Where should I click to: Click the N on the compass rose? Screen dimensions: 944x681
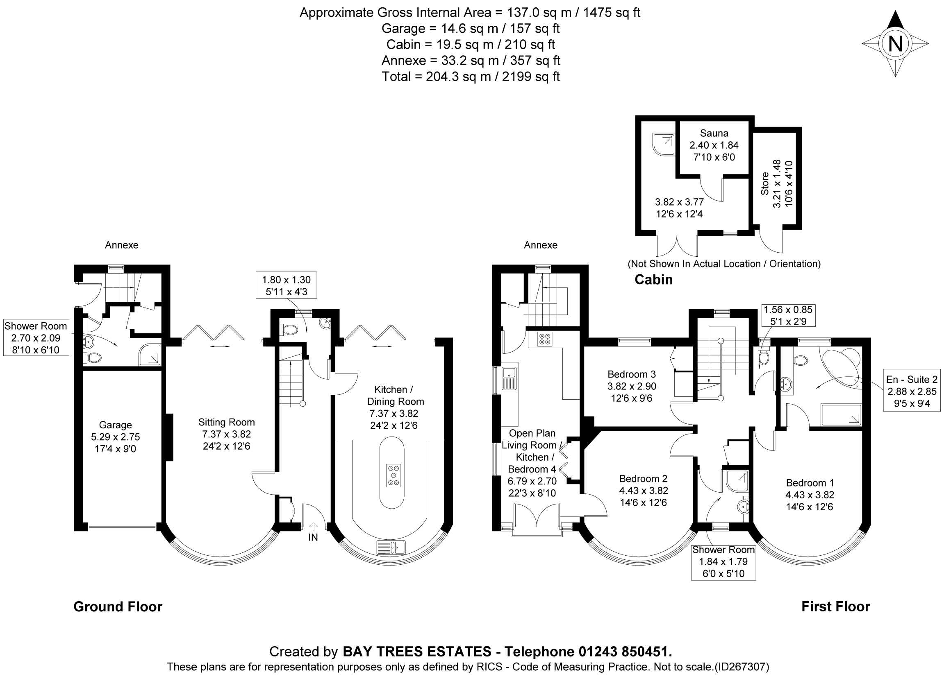tap(895, 44)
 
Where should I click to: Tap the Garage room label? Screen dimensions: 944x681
tap(115, 425)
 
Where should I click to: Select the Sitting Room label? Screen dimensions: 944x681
tap(226, 423)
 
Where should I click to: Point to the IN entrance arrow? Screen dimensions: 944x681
tap(314, 527)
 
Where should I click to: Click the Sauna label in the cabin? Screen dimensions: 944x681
tap(714, 133)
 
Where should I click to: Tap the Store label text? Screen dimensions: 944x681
tap(765, 184)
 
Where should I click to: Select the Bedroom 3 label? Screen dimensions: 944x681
tap(631, 374)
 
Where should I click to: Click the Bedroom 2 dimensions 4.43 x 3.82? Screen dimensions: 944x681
tap(643, 491)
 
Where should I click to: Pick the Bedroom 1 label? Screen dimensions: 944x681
tap(810, 483)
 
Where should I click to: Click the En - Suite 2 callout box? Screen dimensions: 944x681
tap(912, 391)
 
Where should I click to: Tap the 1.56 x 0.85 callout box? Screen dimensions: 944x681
tap(788, 315)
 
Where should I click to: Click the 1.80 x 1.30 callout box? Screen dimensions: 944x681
tap(286, 285)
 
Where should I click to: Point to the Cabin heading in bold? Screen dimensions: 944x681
tap(653, 280)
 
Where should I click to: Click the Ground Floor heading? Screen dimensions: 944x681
tap(118, 607)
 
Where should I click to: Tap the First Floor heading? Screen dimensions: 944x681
tap(835, 606)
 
